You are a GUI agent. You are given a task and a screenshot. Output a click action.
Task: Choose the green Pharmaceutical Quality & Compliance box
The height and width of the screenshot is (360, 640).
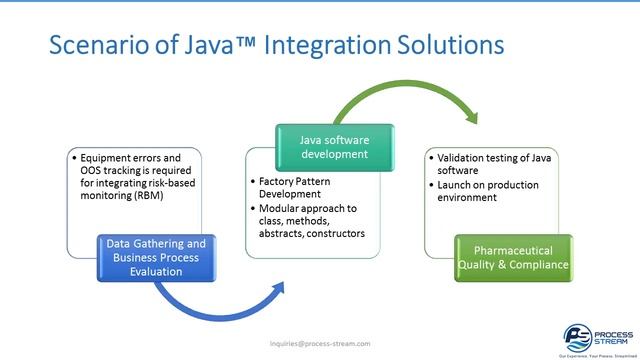[x=514, y=258]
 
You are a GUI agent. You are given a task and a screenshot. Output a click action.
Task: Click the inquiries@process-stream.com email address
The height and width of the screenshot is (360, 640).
[x=320, y=343]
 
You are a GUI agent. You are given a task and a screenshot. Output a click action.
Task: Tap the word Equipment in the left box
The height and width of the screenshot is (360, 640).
[x=102, y=157]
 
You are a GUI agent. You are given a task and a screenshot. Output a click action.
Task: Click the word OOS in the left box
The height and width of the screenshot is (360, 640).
[x=89, y=169]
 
